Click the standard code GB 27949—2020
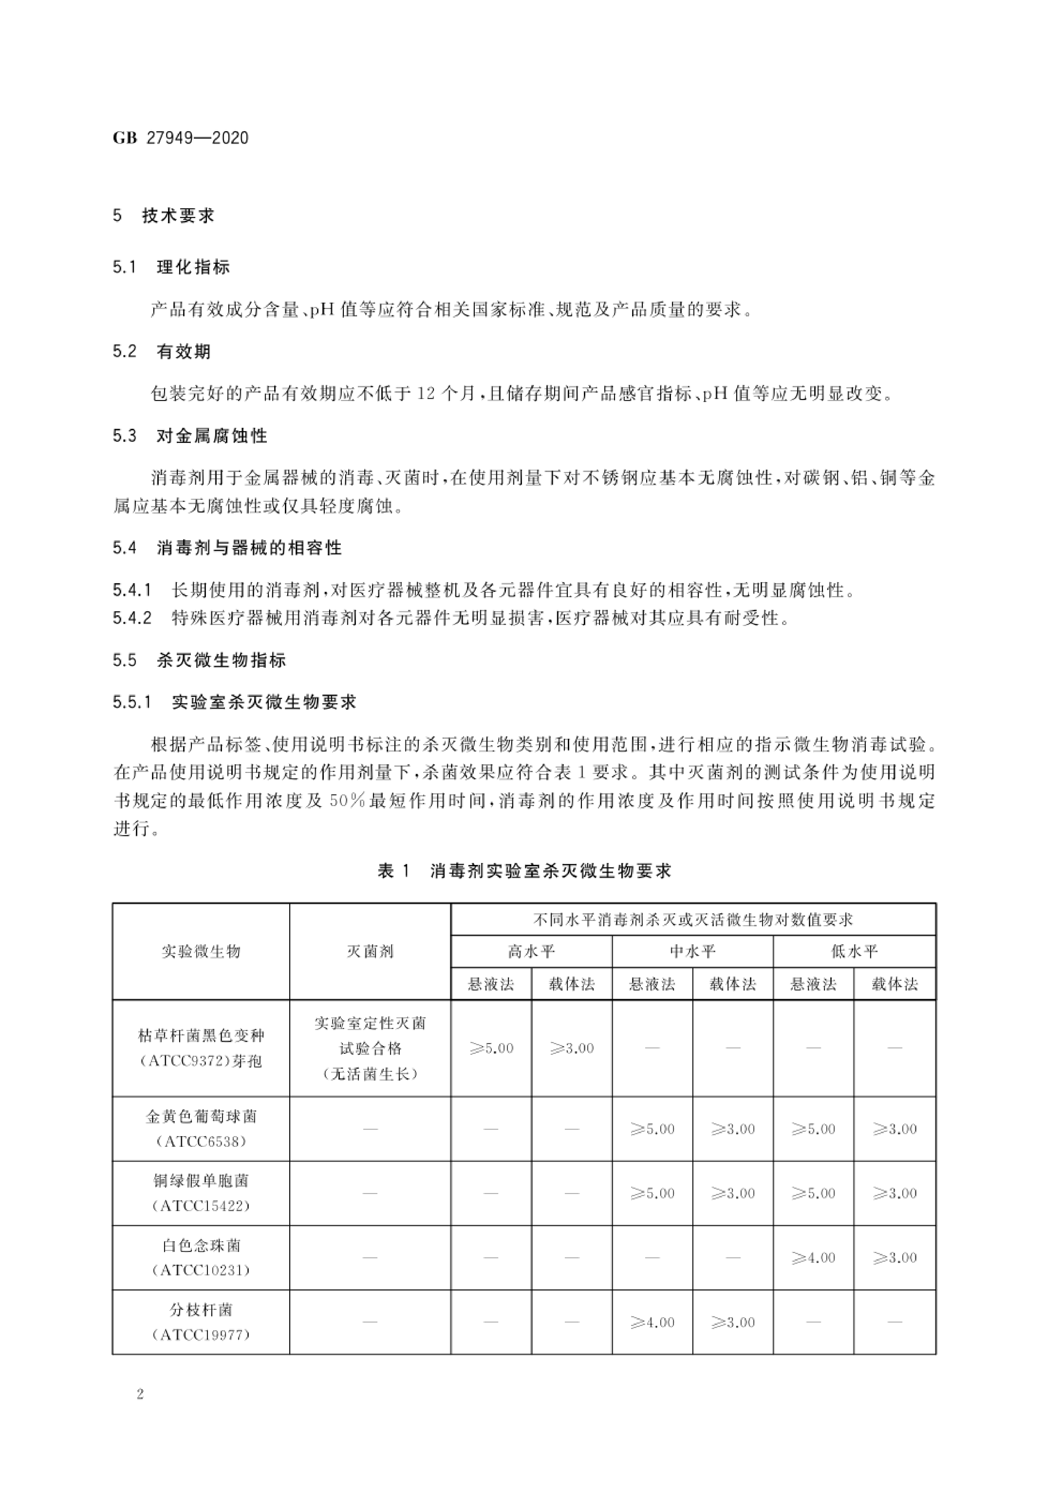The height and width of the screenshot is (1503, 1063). tap(181, 138)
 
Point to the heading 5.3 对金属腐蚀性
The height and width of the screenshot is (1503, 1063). tap(190, 436)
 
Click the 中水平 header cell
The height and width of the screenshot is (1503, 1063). tap(692, 951)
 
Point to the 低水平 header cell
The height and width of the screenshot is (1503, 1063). tap(854, 951)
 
